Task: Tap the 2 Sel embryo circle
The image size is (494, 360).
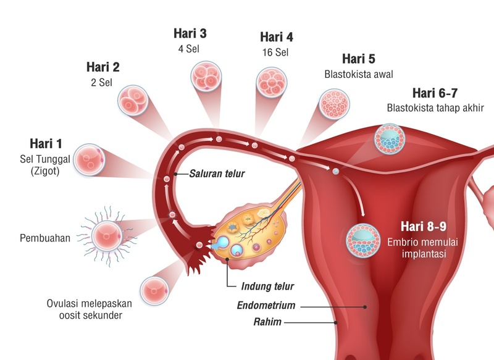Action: pyautogui.click(x=133, y=102)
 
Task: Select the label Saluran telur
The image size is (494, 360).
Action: pyautogui.click(x=217, y=174)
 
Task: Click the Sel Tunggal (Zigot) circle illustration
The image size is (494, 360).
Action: pyautogui.click(x=90, y=159)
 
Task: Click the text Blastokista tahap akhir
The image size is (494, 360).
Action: pyautogui.click(x=435, y=108)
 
